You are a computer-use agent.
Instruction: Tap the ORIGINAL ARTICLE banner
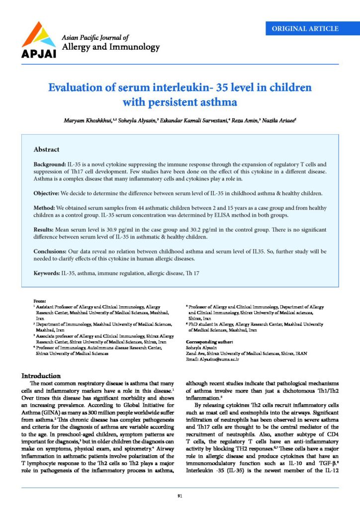point(305,28)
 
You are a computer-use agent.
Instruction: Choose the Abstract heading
point(46,149)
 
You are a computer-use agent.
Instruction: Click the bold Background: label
point(50,164)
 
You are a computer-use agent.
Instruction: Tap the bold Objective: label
point(48,192)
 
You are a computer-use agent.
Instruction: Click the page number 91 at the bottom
point(180,496)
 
